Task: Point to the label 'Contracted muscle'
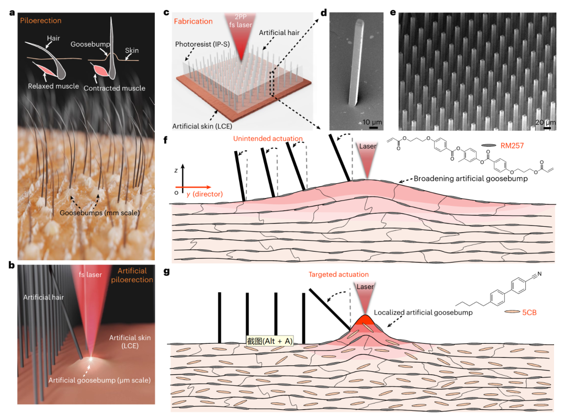click(114, 88)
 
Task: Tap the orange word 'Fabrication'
click(195, 21)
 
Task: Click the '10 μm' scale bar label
click(372, 122)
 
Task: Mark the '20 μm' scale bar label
click(546, 122)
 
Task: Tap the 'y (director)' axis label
click(199, 194)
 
